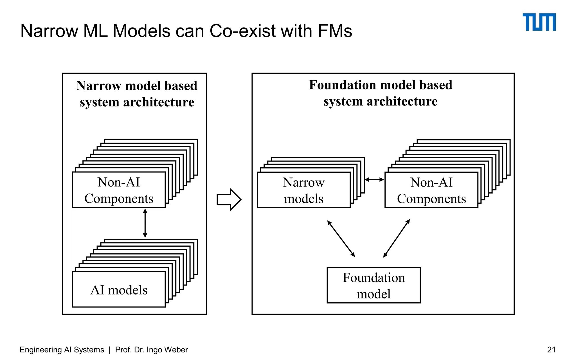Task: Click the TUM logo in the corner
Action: [x=539, y=22]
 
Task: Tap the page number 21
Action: [x=551, y=350]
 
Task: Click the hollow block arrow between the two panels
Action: [x=229, y=199]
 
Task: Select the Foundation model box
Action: [x=373, y=285]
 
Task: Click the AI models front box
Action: [x=119, y=289]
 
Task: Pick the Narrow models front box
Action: [x=303, y=190]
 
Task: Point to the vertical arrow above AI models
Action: [x=145, y=223]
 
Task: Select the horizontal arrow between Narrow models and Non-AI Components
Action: [x=374, y=179]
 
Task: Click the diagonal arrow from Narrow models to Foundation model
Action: [x=341, y=238]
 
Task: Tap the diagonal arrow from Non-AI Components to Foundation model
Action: [x=397, y=238]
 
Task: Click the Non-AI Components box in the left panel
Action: [x=119, y=190]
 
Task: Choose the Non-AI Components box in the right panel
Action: [x=431, y=190]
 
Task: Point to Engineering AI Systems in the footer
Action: [x=62, y=350]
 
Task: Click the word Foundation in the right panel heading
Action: [x=342, y=85]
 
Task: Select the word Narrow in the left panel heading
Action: [x=98, y=85]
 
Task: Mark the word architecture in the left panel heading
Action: [x=159, y=102]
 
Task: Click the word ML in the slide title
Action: [x=96, y=31]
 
